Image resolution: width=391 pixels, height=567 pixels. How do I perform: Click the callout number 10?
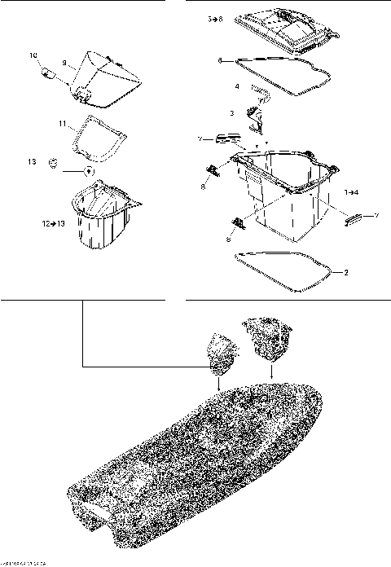[34, 55]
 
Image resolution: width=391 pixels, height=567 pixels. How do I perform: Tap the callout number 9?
[64, 63]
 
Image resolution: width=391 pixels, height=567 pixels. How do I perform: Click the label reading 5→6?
[215, 17]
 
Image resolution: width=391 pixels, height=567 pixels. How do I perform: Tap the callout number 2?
[345, 271]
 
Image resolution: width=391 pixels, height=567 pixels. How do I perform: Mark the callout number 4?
[237, 86]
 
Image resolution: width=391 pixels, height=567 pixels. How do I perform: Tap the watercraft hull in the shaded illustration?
[204, 456]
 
